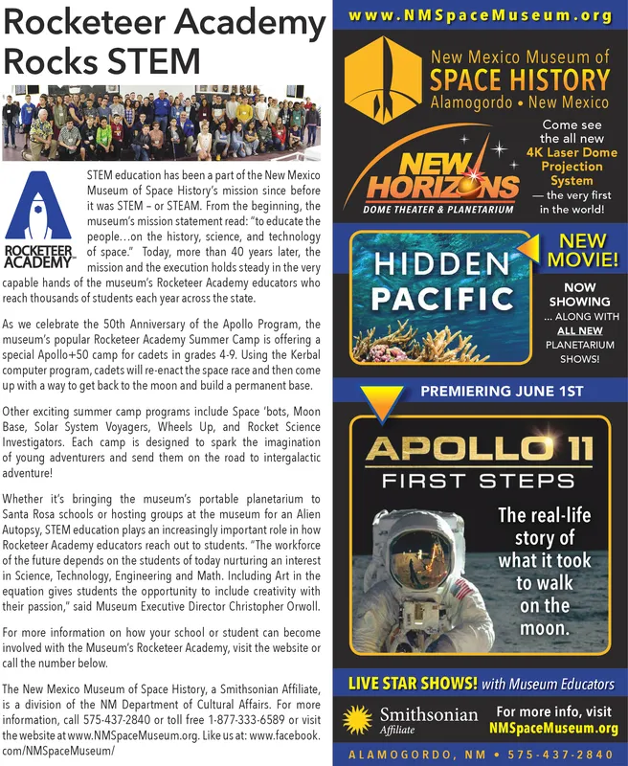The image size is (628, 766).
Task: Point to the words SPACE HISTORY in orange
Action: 518,79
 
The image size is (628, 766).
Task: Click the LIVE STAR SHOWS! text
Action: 411,684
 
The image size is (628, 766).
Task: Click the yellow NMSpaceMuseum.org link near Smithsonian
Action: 552,728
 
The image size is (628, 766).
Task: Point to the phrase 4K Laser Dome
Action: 572,152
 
